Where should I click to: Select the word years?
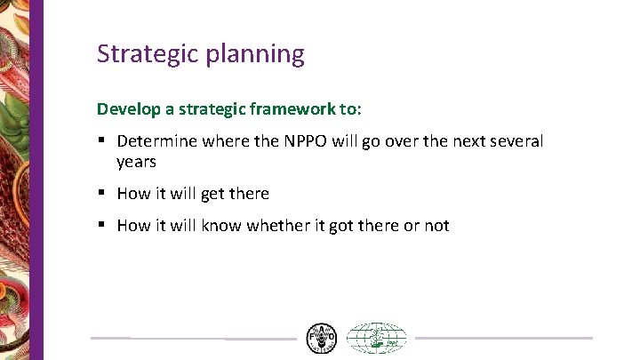(x=136, y=162)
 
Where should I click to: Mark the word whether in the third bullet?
(x=277, y=225)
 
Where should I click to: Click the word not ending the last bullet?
(x=436, y=225)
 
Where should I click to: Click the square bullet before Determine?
(x=103, y=141)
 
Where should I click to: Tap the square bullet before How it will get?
(x=103, y=193)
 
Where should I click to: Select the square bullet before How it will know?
(x=103, y=225)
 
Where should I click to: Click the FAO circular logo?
(x=321, y=338)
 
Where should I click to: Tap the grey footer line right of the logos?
(x=503, y=338)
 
